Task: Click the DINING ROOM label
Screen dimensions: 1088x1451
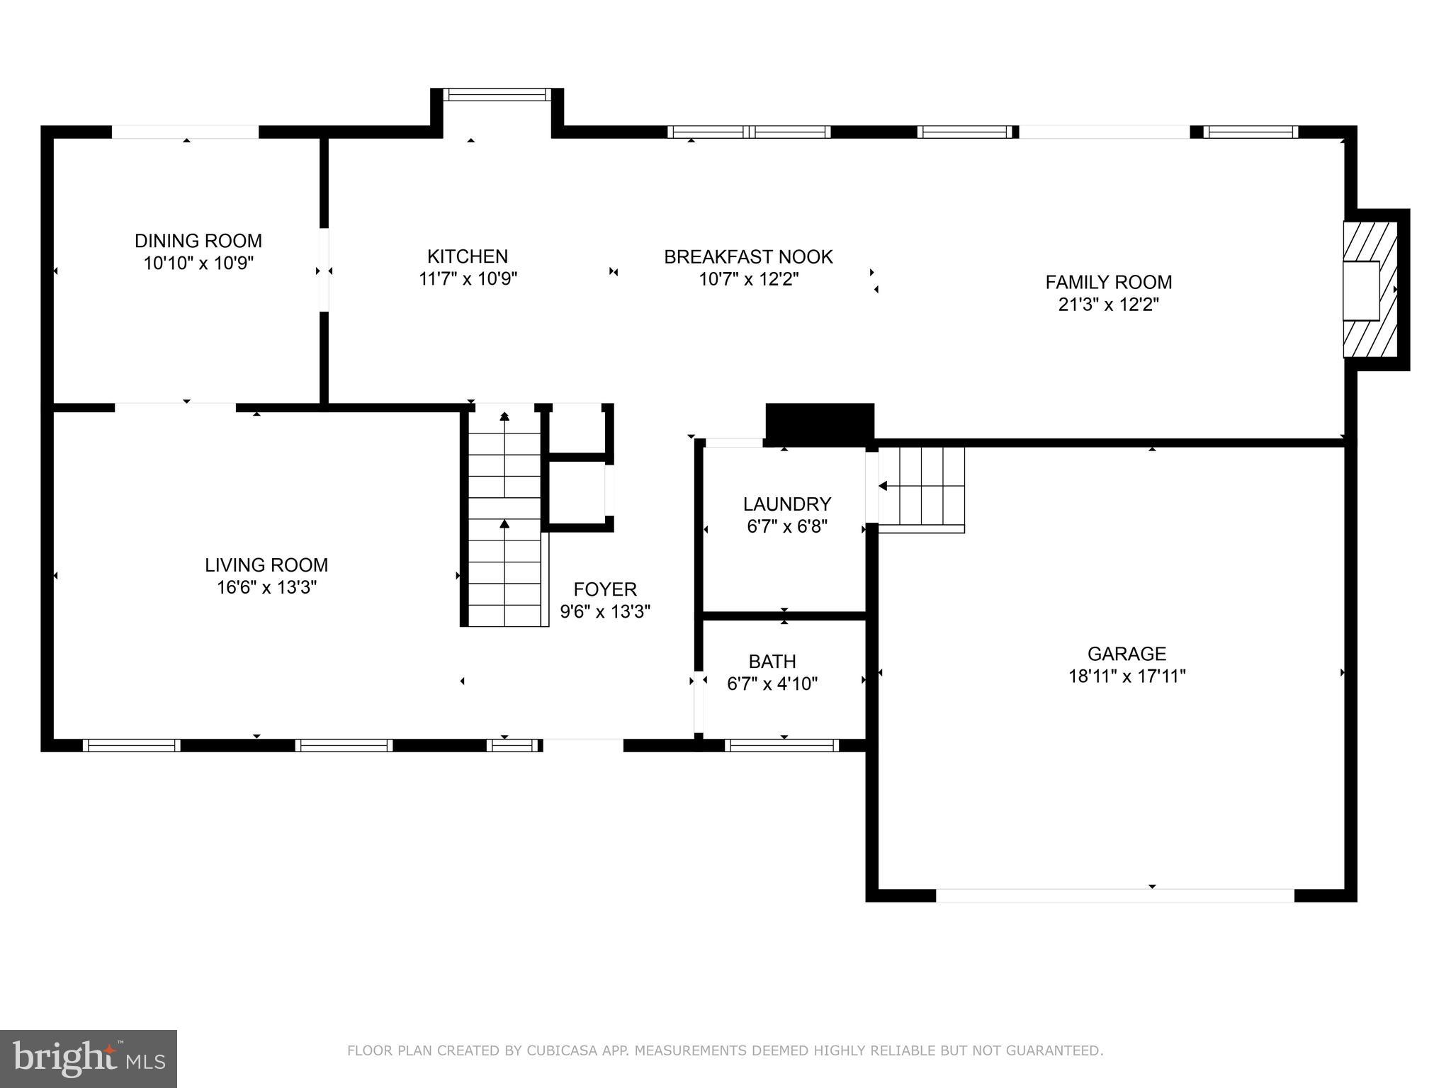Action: (x=198, y=241)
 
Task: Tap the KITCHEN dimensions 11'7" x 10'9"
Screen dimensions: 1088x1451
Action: (x=468, y=279)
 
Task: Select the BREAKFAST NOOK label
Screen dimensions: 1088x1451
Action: (x=747, y=256)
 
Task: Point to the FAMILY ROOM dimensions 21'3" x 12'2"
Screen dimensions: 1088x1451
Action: (x=1108, y=305)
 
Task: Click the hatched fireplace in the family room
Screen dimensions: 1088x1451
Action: (x=1370, y=290)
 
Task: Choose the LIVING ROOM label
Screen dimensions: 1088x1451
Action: (x=266, y=565)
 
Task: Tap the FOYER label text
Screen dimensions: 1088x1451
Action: (x=604, y=589)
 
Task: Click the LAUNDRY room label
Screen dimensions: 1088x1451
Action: (x=786, y=504)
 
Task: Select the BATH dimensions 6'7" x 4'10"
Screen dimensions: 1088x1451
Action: (x=772, y=684)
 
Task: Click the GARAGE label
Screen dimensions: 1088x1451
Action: (x=1127, y=653)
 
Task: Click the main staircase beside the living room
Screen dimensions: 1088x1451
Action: (x=504, y=517)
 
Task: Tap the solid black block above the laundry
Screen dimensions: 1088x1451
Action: (x=820, y=423)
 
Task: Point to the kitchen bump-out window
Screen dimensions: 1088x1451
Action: (x=497, y=94)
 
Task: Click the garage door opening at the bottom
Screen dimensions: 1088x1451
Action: (x=1114, y=895)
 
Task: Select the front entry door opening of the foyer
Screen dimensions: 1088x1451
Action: (x=582, y=744)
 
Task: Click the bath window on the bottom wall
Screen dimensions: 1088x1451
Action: (x=781, y=745)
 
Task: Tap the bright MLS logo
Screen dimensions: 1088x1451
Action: (x=88, y=1059)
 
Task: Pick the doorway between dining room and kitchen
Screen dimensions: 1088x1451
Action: (x=324, y=269)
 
